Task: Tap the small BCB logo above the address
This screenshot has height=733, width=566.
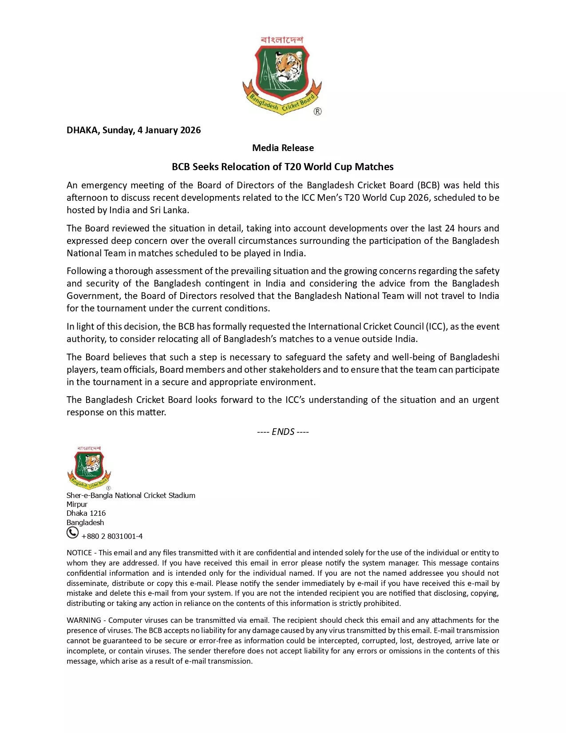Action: (x=89, y=467)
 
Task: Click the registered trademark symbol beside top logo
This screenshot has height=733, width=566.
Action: (x=318, y=112)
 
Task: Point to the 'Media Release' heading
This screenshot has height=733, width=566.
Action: (x=283, y=148)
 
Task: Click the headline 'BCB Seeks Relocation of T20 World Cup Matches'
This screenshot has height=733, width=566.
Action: (x=283, y=167)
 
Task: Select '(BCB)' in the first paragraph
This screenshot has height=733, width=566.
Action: (x=428, y=185)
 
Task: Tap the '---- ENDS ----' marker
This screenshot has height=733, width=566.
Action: (x=283, y=432)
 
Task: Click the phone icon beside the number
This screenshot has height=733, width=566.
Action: (x=72, y=533)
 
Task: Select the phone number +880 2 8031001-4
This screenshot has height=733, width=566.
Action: (x=112, y=536)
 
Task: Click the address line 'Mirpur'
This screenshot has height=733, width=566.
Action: (x=77, y=504)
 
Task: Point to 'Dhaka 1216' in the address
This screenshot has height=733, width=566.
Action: (x=86, y=513)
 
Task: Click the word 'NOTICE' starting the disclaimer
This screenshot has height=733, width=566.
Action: (x=79, y=553)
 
